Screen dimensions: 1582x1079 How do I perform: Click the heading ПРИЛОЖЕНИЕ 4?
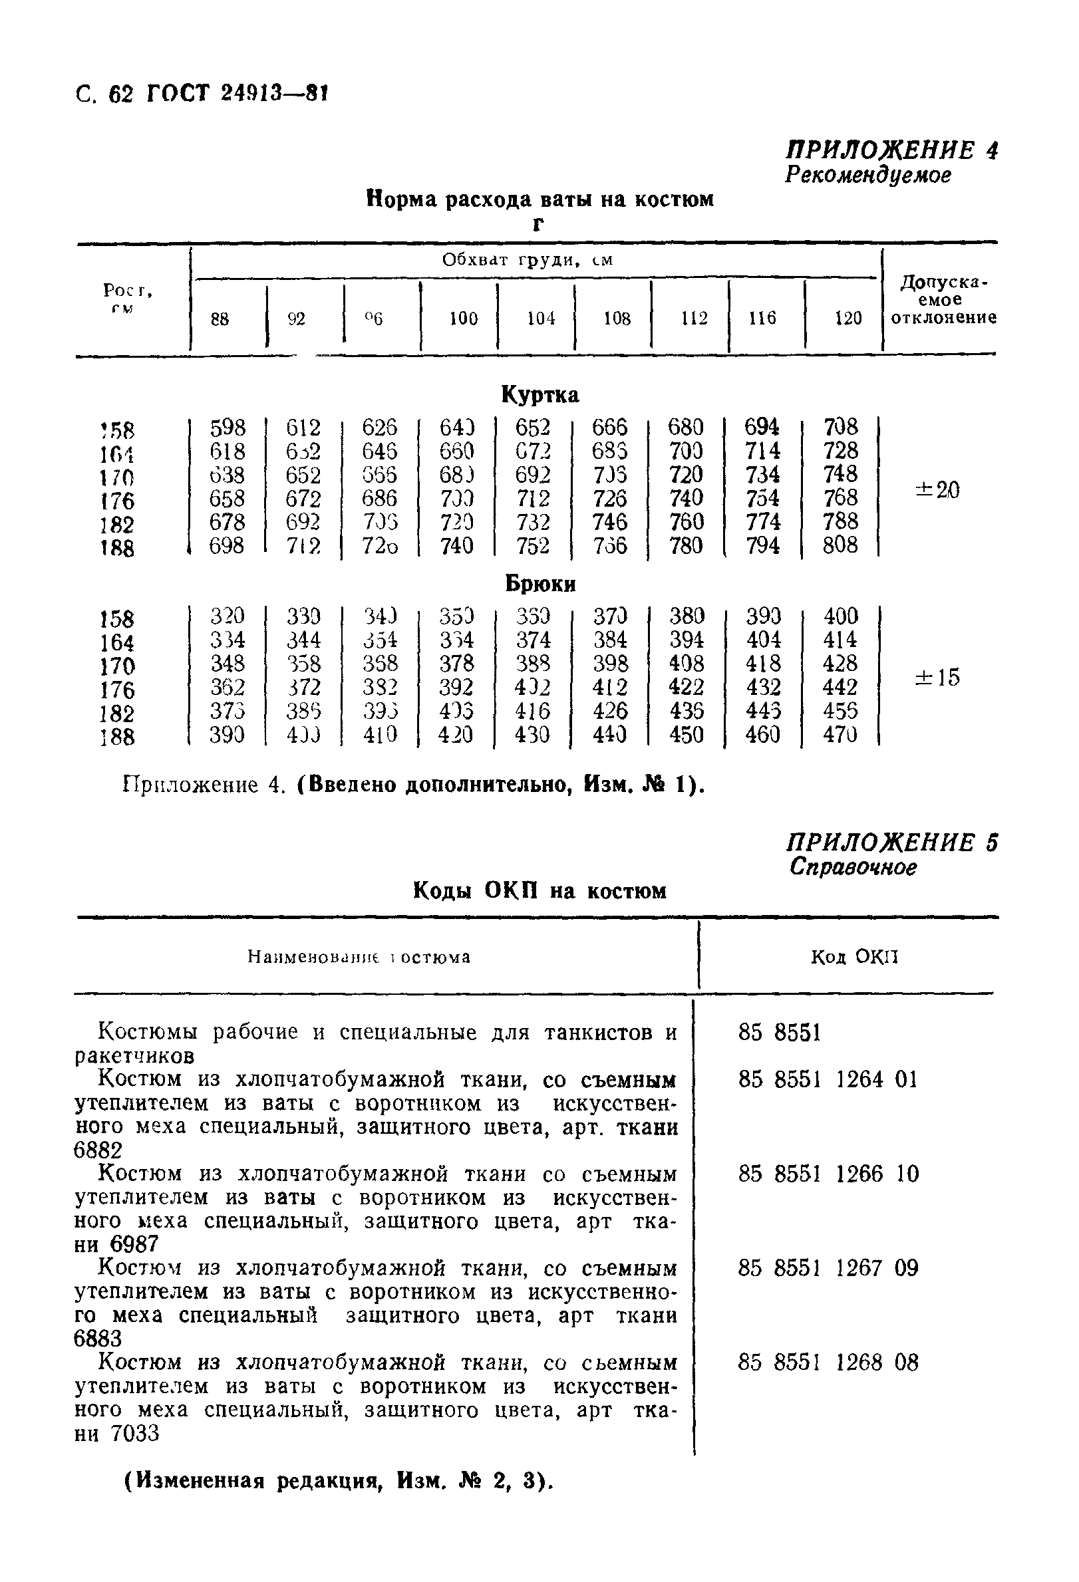pyautogui.click(x=892, y=150)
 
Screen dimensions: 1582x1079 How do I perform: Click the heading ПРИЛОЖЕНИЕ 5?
pyautogui.click(x=892, y=843)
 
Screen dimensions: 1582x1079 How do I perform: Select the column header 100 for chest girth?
pyautogui.click(x=463, y=319)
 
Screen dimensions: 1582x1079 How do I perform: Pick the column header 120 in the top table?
pyautogui.click(x=848, y=319)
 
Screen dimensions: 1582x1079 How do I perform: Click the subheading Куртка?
pyautogui.click(x=540, y=395)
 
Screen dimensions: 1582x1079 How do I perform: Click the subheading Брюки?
pyautogui.click(x=541, y=584)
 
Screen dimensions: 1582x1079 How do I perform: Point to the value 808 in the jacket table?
pyautogui.click(x=840, y=545)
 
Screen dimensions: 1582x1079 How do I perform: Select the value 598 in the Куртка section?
pyautogui.click(x=227, y=428)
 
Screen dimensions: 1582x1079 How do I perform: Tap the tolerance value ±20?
pyautogui.click(x=937, y=489)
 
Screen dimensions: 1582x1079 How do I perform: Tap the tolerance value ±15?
pyautogui.click(x=937, y=678)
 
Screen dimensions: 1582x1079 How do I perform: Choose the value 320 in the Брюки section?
pyautogui.click(x=227, y=616)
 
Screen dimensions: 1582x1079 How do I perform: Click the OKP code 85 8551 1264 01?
pyautogui.click(x=828, y=1080)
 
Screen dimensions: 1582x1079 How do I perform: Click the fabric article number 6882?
pyautogui.click(x=98, y=1151)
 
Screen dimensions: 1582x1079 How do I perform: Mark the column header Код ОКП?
pyautogui.click(x=854, y=958)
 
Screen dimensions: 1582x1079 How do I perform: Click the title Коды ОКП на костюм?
pyautogui.click(x=540, y=890)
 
